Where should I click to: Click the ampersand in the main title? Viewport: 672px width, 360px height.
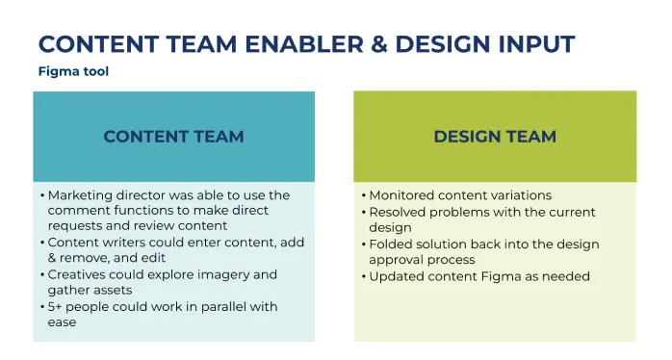click(379, 44)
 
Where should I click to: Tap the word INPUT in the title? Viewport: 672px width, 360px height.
click(536, 44)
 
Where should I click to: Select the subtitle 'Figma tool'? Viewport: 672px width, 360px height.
click(73, 71)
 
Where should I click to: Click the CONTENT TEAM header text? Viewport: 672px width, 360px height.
click(173, 137)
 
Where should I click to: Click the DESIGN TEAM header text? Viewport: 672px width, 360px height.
click(495, 137)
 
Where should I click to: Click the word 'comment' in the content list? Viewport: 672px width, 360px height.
click(74, 211)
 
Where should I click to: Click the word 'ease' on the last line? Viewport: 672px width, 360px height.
click(63, 322)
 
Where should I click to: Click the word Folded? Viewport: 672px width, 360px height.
click(387, 244)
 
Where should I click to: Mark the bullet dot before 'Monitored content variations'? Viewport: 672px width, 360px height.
click(364, 196)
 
